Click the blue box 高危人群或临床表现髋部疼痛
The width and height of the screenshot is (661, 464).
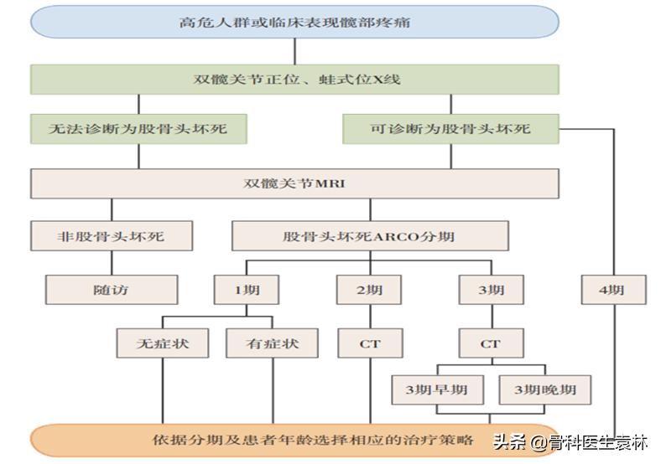[x=294, y=22]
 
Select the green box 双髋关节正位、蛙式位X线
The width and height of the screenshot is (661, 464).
[x=294, y=80]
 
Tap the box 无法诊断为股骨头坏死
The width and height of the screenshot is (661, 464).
[x=139, y=130]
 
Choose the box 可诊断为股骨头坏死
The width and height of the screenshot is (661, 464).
[x=450, y=130]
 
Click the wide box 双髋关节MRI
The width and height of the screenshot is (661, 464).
[x=294, y=183]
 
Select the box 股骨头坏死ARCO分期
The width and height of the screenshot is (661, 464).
[x=369, y=236]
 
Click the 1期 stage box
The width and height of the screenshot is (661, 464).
[x=247, y=290]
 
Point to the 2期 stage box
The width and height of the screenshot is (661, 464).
[x=369, y=290]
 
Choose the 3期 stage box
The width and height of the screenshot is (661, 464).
[x=491, y=290]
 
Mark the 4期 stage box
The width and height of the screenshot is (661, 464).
[x=615, y=290]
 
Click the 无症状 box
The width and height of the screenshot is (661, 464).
[x=163, y=343]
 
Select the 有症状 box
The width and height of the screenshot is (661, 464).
[x=273, y=343]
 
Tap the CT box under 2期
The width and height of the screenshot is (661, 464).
[x=370, y=343]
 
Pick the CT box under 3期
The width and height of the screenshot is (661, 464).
[x=491, y=343]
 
